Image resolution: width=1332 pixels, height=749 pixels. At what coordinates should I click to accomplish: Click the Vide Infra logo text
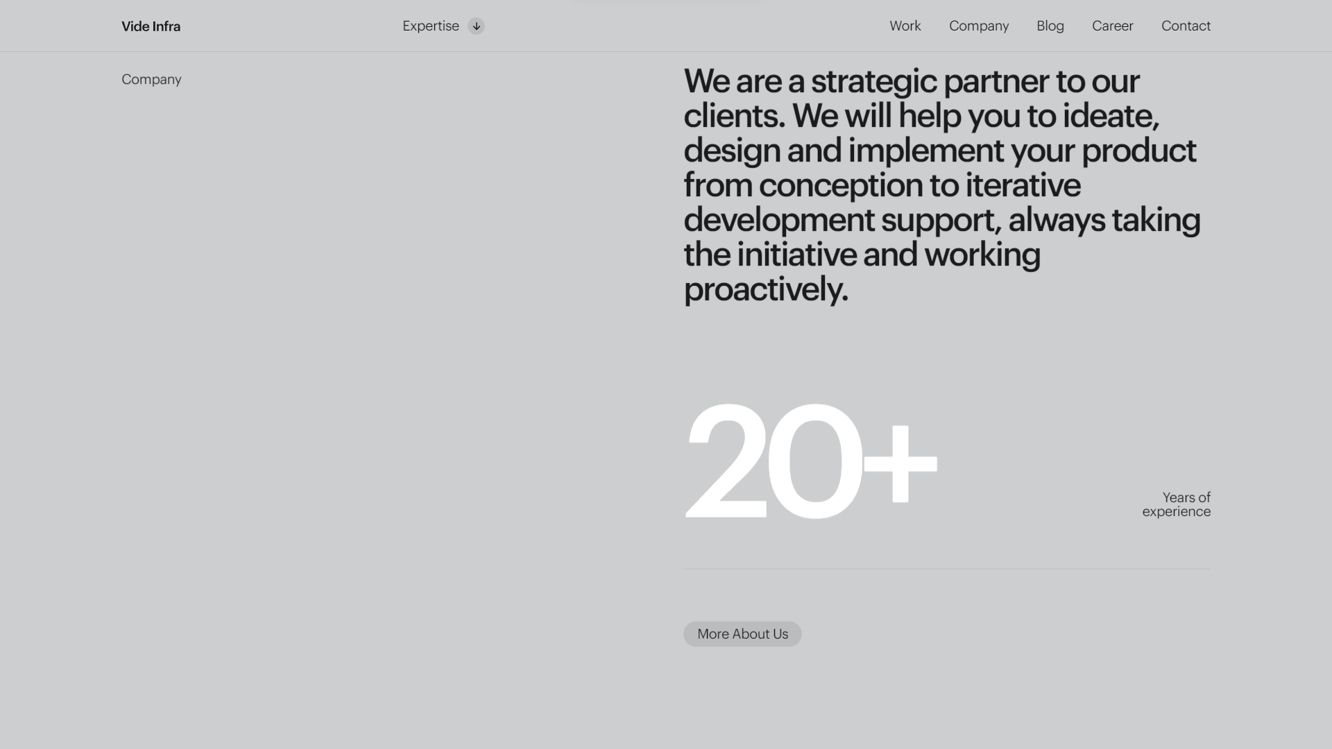(x=151, y=26)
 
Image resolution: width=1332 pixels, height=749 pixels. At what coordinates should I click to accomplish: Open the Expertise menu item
(x=431, y=26)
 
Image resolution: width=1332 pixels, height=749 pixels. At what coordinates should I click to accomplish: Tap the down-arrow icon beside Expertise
(x=476, y=26)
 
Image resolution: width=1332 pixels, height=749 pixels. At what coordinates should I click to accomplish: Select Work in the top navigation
(x=905, y=26)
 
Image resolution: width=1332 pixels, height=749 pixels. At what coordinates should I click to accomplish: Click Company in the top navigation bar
(x=979, y=26)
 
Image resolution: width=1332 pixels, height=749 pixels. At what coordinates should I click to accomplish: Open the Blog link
(x=1050, y=26)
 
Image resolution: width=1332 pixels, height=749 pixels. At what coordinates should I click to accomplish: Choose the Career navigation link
(x=1113, y=26)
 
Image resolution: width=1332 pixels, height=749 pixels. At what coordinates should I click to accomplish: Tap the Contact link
(x=1186, y=26)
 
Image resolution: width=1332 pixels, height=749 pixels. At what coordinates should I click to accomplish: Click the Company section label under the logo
(x=151, y=80)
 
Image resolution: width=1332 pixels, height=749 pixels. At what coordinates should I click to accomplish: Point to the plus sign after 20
(x=900, y=463)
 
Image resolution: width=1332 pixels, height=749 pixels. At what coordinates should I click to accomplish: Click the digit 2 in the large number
(x=726, y=460)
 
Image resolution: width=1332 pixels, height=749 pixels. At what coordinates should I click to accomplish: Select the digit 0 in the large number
(x=814, y=460)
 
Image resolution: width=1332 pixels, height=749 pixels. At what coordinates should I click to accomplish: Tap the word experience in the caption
(x=1177, y=512)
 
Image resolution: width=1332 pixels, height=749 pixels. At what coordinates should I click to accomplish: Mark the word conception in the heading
(x=841, y=185)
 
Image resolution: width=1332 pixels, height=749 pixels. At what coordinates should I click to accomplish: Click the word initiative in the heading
(x=796, y=254)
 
